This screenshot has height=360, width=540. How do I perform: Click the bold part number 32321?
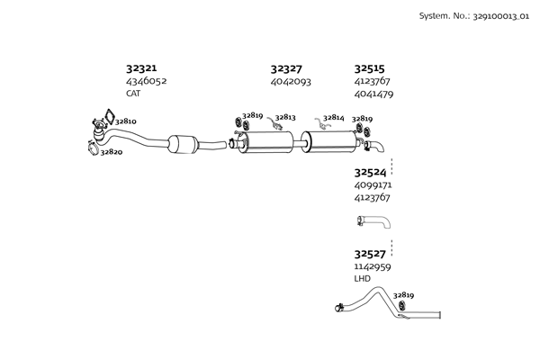coord(140,68)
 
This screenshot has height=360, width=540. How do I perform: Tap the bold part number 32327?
coord(285,68)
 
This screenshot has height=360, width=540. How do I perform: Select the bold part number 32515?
coord(369,68)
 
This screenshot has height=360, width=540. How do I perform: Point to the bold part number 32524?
coord(370,172)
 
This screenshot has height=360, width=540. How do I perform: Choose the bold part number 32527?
coord(370,255)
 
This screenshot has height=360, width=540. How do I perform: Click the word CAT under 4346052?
coord(133,94)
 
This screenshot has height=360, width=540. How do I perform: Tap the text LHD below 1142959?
coord(362,279)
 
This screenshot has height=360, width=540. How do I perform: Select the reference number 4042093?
coord(291,81)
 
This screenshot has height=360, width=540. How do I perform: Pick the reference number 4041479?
coord(373,94)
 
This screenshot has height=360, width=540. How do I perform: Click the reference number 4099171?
coord(373,184)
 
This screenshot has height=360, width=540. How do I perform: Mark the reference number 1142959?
coord(373,267)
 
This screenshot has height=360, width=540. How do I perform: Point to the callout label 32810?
coord(126,121)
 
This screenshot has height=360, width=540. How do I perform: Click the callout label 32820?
coord(112,153)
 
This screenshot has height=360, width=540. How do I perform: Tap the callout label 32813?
coord(285,117)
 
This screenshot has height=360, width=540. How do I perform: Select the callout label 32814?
coord(333,118)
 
